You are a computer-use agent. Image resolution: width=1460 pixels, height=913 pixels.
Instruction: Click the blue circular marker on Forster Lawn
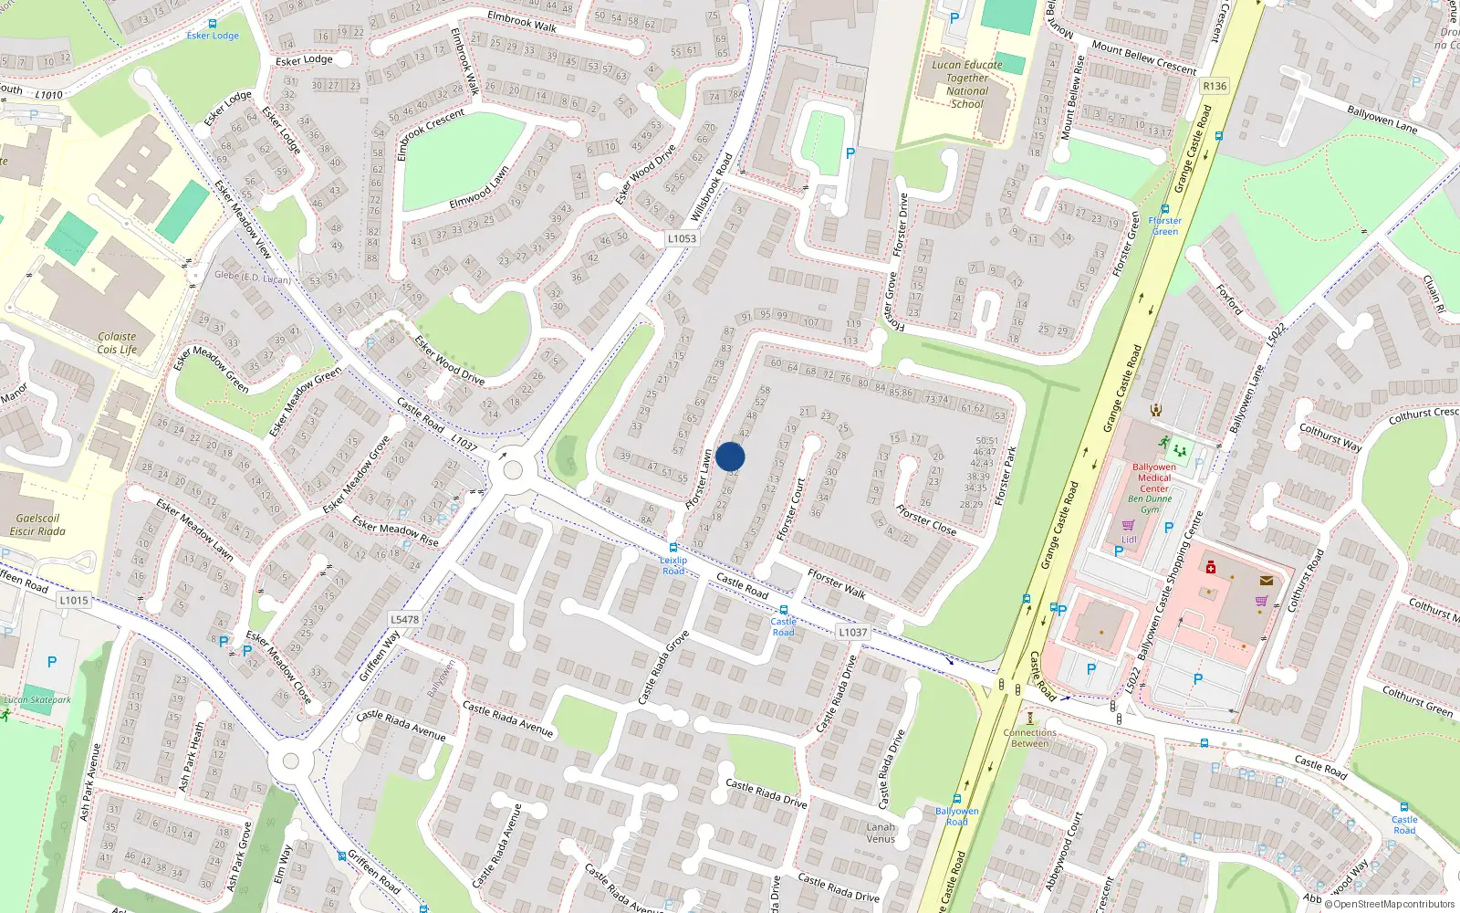[730, 456]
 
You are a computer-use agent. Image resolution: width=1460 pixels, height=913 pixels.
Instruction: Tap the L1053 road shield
[682, 238]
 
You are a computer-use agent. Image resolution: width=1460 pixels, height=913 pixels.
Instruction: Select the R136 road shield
[1215, 86]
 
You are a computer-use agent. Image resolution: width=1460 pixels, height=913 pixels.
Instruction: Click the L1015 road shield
[74, 600]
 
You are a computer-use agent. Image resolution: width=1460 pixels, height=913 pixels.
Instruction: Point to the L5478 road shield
[405, 619]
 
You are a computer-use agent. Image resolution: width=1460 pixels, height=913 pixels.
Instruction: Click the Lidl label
[1129, 540]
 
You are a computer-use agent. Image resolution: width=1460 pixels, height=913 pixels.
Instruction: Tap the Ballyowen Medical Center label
[1153, 477]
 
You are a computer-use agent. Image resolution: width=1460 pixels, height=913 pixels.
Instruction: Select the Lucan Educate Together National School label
[966, 84]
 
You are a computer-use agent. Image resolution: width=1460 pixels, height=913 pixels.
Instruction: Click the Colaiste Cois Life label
[117, 342]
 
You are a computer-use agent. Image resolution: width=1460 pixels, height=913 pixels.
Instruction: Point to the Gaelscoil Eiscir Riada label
[37, 524]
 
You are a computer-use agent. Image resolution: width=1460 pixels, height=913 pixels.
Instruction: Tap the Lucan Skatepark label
[36, 700]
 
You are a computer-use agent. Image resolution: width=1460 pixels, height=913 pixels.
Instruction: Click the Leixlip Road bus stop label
[673, 565]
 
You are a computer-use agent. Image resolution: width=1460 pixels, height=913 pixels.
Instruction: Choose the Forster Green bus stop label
[1164, 226]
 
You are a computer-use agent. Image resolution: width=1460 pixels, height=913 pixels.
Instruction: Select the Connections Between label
[1029, 738]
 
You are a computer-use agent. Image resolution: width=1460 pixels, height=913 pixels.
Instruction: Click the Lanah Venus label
[881, 833]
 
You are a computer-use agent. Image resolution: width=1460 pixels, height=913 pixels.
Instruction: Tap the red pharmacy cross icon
[1211, 567]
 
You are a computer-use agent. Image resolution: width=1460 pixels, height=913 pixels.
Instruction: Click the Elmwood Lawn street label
[479, 188]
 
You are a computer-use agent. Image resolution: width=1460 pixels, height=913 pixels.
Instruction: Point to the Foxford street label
[1229, 299]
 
